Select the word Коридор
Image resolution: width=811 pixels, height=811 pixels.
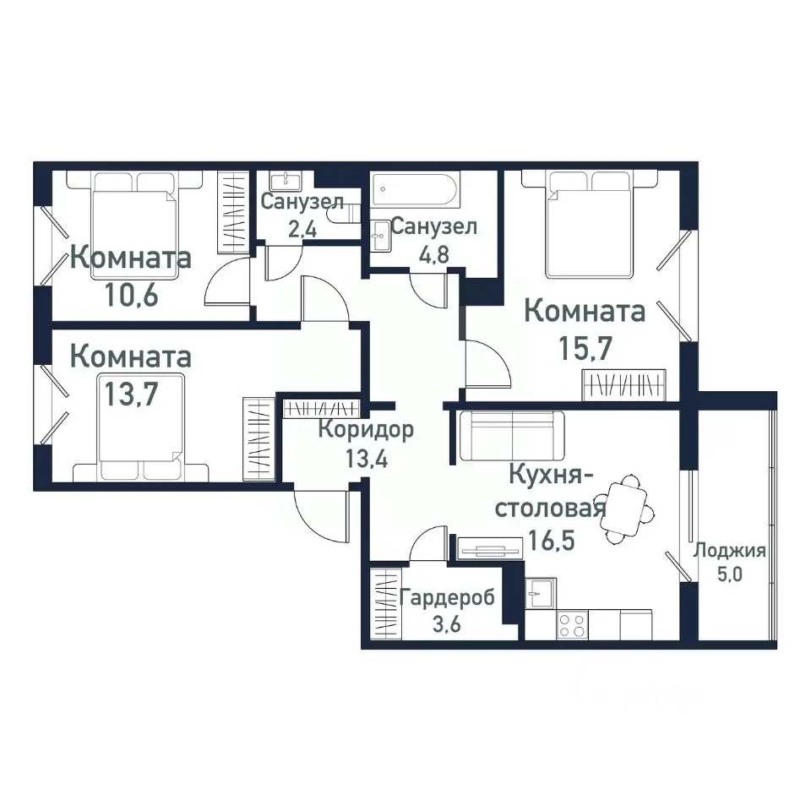pos(366,430)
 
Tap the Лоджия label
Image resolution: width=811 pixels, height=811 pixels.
pos(729,552)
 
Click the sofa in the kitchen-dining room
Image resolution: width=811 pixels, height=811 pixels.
pos(512,434)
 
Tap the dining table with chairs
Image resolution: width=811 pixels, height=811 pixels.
pos(627,509)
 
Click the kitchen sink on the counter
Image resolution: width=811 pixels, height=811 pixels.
pos(539,593)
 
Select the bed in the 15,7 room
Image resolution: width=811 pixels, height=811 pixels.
pos(589,224)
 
